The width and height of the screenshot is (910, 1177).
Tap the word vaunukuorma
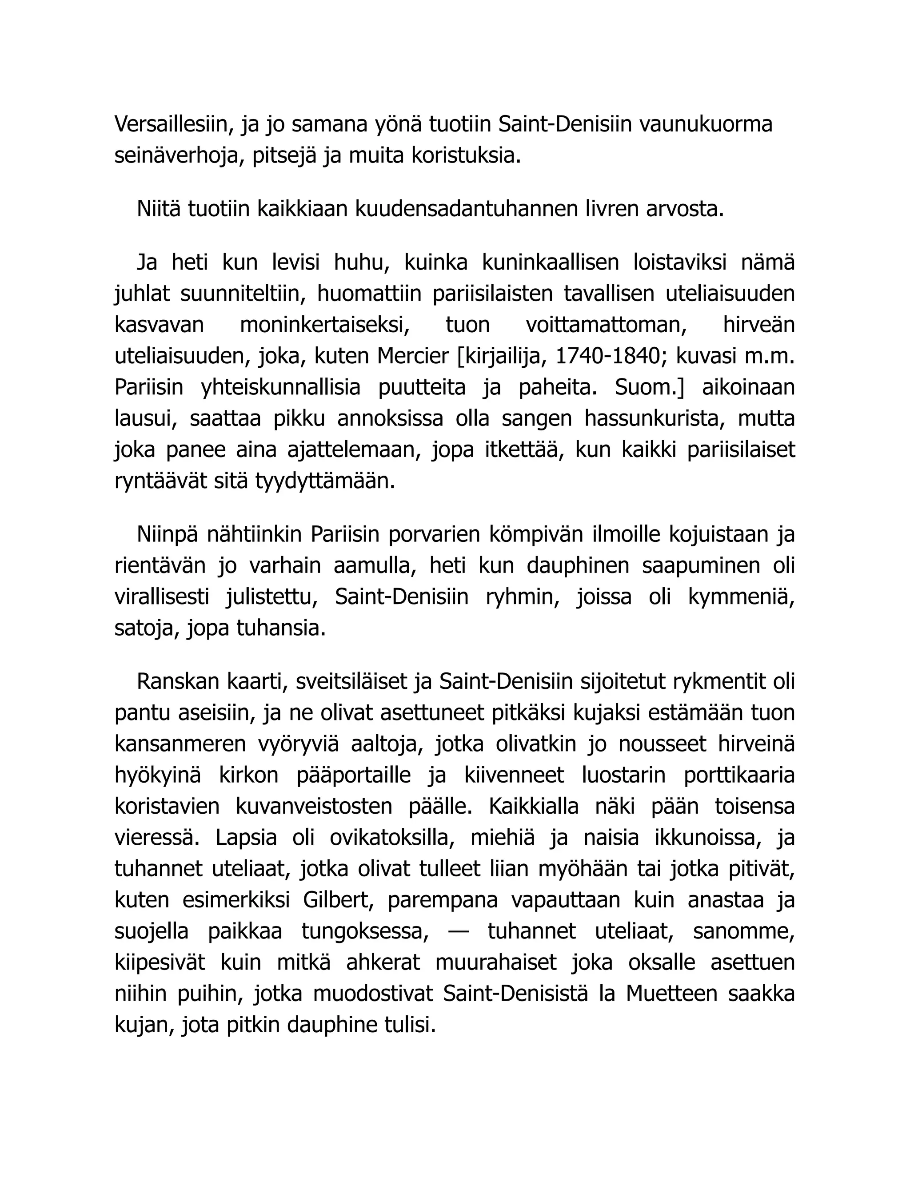tap(705, 124)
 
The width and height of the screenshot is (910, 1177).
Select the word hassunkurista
tap(655, 419)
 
